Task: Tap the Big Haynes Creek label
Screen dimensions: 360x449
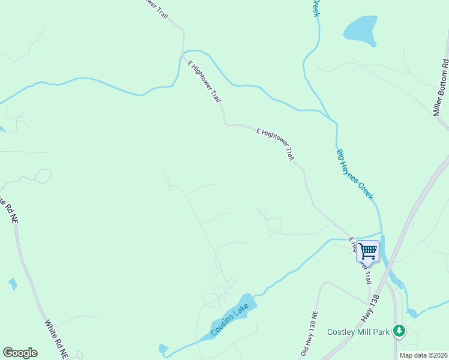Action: [x=355, y=175]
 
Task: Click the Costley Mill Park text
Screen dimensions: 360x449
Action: [x=358, y=332]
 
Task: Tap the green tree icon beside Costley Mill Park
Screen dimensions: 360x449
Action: [x=398, y=330]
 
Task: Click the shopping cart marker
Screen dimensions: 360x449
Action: [x=367, y=251]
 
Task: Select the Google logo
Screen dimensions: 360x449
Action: [x=20, y=353]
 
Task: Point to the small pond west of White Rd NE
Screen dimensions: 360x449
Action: [x=13, y=284]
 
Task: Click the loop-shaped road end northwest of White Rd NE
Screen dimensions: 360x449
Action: [x=43, y=176]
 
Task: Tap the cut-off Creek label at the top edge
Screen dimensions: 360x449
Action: [x=315, y=8]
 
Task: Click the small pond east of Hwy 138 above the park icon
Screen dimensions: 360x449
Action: [x=412, y=313]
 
